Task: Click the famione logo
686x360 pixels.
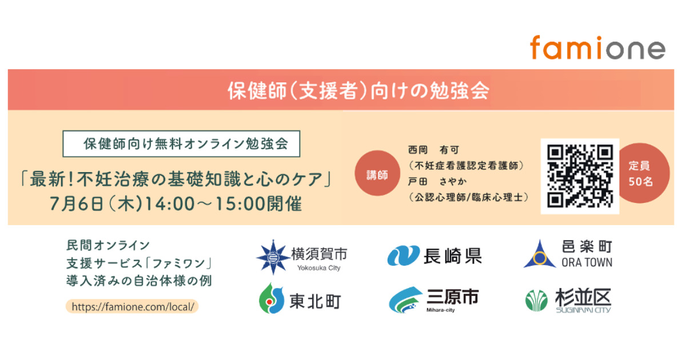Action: click(597, 48)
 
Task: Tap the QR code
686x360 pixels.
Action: click(580, 177)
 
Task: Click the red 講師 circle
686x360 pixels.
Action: click(377, 173)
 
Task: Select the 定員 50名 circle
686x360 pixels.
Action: click(644, 173)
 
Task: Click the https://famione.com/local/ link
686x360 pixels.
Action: click(132, 306)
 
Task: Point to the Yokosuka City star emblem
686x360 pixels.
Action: click(273, 257)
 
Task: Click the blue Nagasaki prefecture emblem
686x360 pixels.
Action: click(403, 255)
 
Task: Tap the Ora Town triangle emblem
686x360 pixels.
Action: click(540, 255)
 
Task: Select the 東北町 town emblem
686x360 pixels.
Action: click(272, 299)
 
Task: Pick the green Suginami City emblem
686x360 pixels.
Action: click(537, 301)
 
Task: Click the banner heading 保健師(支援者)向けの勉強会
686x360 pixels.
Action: click(358, 91)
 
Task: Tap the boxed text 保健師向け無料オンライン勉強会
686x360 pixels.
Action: click(186, 144)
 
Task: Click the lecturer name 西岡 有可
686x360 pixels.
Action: click(434, 150)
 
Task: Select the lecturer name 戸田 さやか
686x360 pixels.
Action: click(437, 182)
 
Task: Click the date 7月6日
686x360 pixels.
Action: click(76, 204)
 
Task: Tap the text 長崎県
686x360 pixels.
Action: click(453, 256)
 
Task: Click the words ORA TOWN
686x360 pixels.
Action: click(587, 263)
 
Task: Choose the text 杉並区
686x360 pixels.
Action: click(584, 297)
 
